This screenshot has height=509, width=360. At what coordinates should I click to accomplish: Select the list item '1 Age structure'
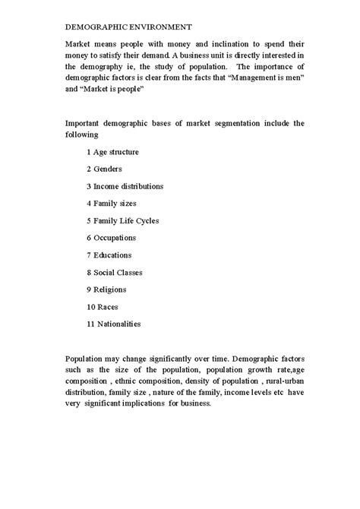coord(112,152)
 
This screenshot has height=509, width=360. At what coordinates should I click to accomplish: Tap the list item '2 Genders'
coord(104,169)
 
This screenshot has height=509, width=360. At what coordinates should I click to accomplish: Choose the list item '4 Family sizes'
coord(111,204)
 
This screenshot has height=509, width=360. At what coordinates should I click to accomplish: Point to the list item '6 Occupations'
coord(111,238)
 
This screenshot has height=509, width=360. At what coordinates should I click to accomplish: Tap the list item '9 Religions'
coord(106,289)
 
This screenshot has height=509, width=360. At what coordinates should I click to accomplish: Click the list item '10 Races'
coord(103,306)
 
